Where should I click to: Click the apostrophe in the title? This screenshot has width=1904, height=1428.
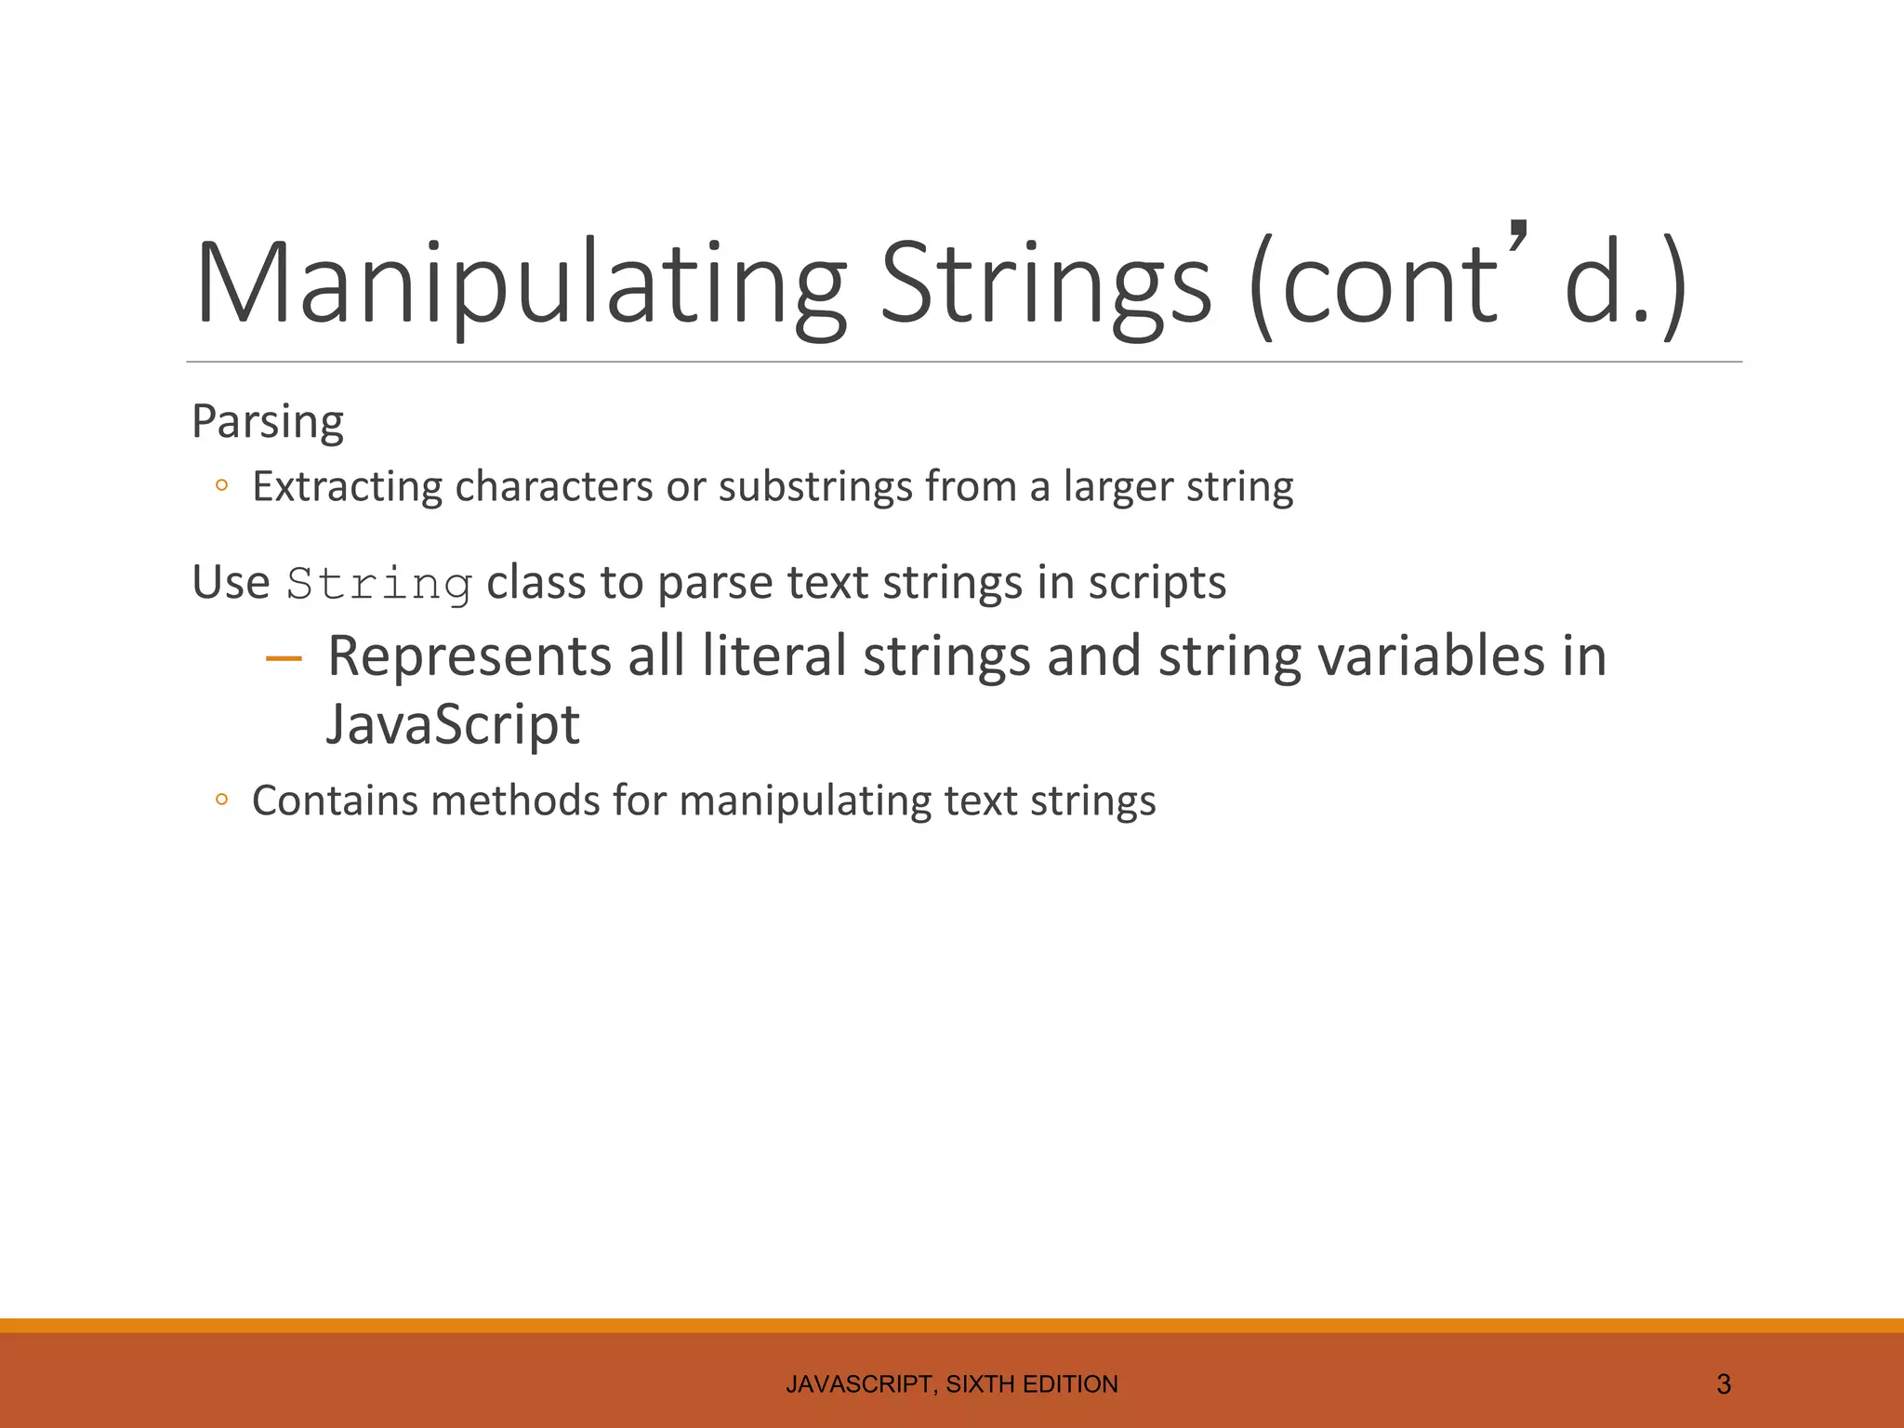tap(1517, 240)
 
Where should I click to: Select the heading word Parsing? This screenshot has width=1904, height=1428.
tap(268, 422)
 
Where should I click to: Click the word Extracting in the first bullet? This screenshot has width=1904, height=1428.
tap(348, 486)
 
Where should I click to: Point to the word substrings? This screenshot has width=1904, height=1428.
tap(815, 486)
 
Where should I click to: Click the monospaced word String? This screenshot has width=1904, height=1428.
tap(379, 584)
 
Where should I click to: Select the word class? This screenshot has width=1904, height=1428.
tap(537, 583)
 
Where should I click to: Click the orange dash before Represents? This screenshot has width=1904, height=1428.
tap(284, 659)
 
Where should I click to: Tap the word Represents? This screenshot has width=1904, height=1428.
tap(469, 655)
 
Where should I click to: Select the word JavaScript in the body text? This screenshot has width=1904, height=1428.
tap(453, 724)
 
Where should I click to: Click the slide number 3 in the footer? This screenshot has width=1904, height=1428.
tap(1724, 1384)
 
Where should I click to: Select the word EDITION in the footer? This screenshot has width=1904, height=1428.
tap(1070, 1384)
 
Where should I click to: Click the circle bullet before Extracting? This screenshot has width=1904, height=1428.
tap(221, 485)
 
